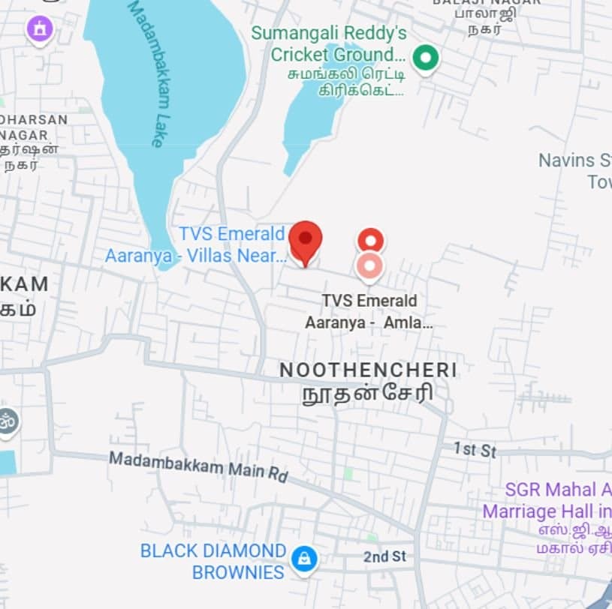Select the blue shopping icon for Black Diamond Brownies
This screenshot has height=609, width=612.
click(304, 559)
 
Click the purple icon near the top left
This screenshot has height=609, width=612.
click(40, 30)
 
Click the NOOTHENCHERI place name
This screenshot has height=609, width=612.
click(368, 370)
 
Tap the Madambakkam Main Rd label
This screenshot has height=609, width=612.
click(198, 466)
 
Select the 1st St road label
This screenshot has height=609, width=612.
click(475, 450)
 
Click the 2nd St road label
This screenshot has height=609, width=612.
click(384, 556)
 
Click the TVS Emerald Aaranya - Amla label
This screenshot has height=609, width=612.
click(369, 312)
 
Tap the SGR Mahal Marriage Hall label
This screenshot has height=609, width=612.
click(547, 501)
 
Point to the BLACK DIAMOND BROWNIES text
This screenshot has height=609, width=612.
click(213, 561)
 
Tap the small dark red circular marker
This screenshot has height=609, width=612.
click(370, 241)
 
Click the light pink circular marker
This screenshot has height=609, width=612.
click(369, 266)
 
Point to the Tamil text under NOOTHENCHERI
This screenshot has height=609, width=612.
click(368, 394)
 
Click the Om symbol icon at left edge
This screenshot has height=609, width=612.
click(7, 421)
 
